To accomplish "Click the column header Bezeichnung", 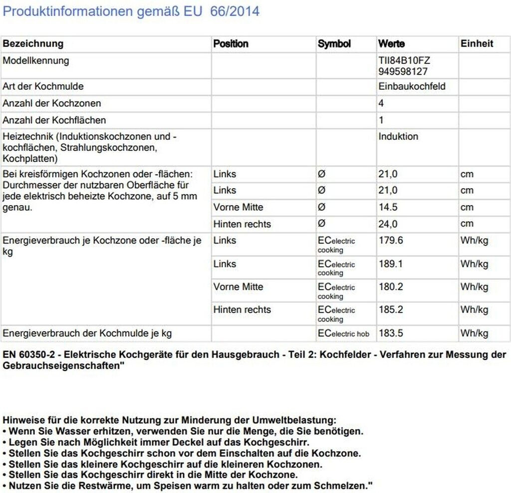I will (x=33, y=44).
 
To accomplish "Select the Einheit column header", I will (x=477, y=44).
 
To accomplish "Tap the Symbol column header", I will (x=334, y=44).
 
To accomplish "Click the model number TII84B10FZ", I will (x=404, y=61).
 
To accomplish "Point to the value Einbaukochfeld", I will (x=412, y=86).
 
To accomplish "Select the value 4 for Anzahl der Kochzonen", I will (x=381, y=103).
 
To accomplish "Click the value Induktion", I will (x=398, y=137).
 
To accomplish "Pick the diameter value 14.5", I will (x=391, y=207).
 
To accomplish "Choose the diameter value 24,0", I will (x=391, y=224).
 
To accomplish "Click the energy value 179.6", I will (x=391, y=241).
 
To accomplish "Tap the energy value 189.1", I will (x=391, y=264).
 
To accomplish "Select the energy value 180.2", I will (x=391, y=287).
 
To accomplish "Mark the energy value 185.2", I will (x=391, y=310).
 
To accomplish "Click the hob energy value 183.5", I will (x=391, y=333).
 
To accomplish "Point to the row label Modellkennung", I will (x=36, y=61).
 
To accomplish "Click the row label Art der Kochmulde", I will (x=43, y=86).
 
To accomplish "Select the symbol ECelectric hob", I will (x=343, y=333).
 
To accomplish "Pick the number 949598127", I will (x=403, y=72).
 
